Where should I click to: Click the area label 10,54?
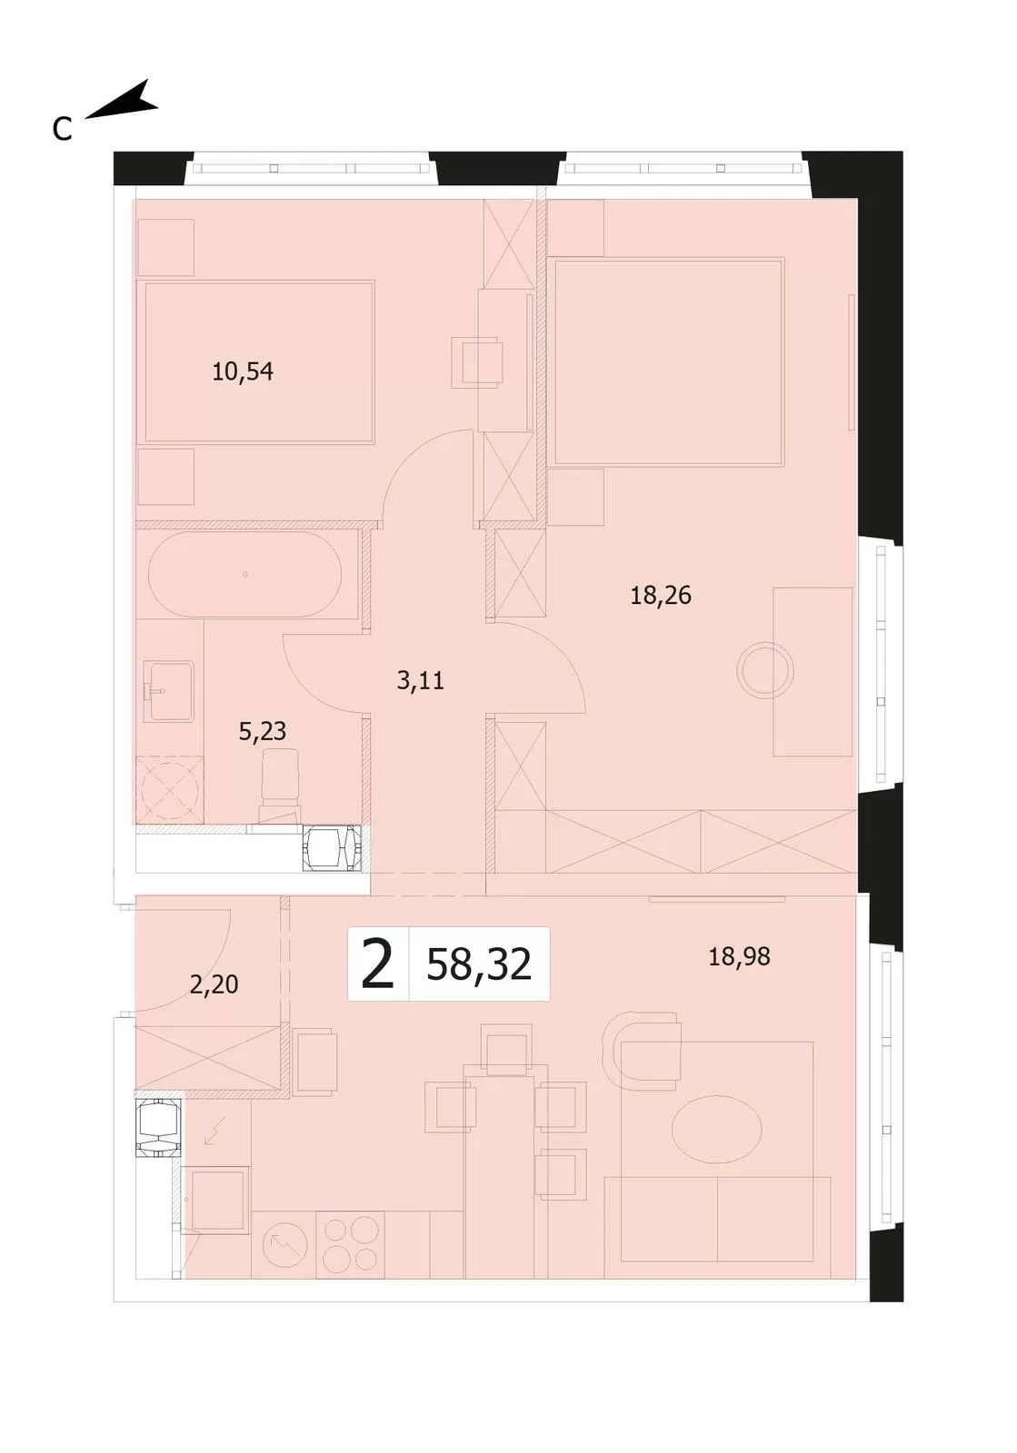[243, 371]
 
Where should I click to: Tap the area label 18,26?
[661, 595]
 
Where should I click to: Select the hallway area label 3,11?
[421, 680]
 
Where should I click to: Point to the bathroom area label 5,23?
[262, 731]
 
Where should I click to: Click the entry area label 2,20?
[214, 984]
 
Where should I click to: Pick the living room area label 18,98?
[739, 956]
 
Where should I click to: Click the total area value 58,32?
[479, 964]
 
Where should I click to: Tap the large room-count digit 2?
[378, 964]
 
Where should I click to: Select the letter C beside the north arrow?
[63, 130]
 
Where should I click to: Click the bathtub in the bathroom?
[244, 574]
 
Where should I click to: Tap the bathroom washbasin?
[168, 691]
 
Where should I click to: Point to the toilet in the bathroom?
[280, 786]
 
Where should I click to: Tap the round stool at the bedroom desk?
[765, 671]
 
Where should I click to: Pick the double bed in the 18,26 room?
[669, 361]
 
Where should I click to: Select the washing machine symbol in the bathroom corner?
[169, 791]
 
